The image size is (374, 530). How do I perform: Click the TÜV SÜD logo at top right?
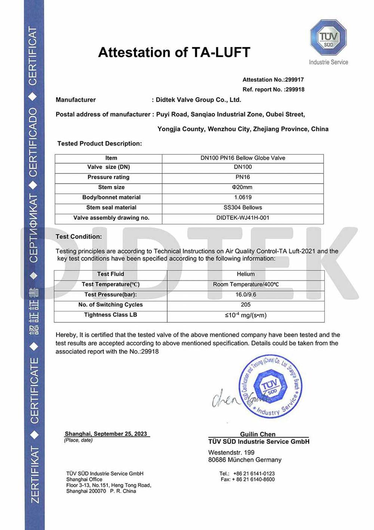point(328,38)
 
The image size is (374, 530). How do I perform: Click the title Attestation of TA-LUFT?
point(174,52)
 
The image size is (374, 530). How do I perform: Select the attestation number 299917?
point(294,80)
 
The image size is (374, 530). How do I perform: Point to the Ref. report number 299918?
point(295,90)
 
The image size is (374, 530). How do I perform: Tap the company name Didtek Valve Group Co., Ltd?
point(198,100)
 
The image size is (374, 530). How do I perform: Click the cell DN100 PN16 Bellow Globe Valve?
point(243,158)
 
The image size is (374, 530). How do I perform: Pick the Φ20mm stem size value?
point(242,187)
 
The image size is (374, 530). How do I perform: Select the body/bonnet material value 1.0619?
point(243,197)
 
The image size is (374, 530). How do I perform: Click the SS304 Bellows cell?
point(243,208)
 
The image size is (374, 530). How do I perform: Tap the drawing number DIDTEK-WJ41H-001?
point(243,218)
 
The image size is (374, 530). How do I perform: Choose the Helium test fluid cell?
point(246,274)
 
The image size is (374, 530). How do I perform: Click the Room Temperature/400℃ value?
point(246,284)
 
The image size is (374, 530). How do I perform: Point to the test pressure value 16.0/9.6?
point(246,294)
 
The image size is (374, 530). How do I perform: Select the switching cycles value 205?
point(246,305)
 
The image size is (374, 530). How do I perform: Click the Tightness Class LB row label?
point(111,315)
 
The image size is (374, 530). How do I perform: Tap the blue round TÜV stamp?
point(270,386)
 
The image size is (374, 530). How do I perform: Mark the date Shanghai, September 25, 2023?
point(106,434)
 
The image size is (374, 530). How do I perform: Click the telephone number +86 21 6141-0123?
point(254,473)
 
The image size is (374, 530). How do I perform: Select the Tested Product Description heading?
point(99,143)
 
